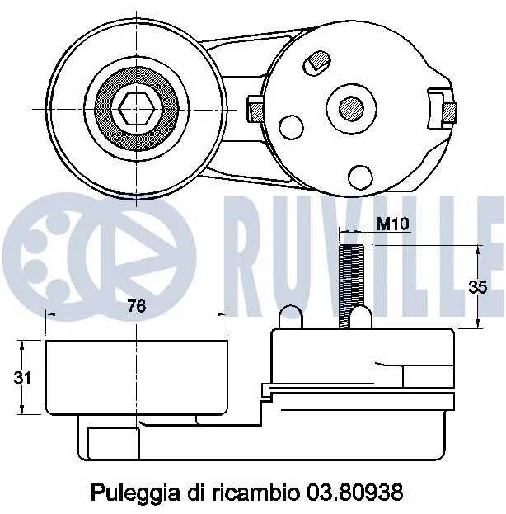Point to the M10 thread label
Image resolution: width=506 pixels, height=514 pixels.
coord(392,224)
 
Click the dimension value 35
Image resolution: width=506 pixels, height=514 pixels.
coord(477,287)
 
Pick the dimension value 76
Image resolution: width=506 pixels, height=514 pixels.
coord(137,306)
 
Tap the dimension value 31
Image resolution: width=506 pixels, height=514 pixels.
coord(25,378)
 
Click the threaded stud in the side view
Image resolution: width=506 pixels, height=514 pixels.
coord(350,281)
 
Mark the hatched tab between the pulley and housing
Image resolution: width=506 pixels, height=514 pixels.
coord(255,107)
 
